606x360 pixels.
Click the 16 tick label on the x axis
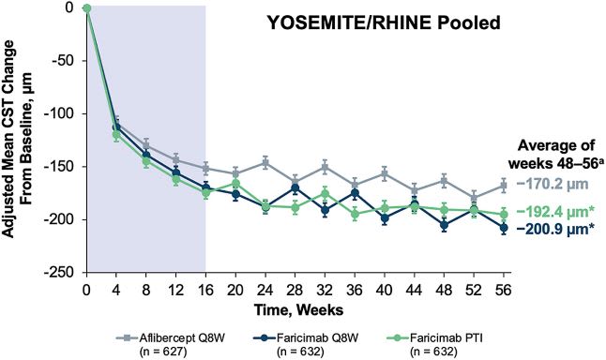point(205,286)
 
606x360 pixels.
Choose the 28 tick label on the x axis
point(295,286)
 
